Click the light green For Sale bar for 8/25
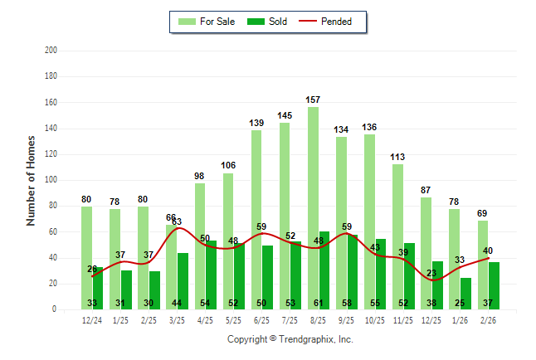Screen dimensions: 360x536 pyautogui.click(x=313, y=207)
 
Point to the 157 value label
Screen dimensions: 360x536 pyautogui.click(x=313, y=100)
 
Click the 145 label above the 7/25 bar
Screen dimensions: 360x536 pyautogui.click(x=285, y=115)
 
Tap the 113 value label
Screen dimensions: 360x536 pyautogui.click(x=397, y=157)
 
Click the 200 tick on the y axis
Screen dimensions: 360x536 pyautogui.click(x=51, y=51)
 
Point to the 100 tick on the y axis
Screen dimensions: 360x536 pyautogui.click(x=51, y=180)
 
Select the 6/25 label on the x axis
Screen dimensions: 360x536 pyautogui.click(x=261, y=319)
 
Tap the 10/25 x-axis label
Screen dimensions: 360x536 pyautogui.click(x=374, y=319)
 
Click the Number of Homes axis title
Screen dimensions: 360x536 pyautogui.click(x=32, y=180)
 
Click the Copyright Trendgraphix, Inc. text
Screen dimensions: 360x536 pyautogui.click(x=290, y=339)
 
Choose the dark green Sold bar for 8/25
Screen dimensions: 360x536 pyautogui.click(x=324, y=265)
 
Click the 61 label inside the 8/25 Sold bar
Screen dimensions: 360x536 pyautogui.click(x=324, y=303)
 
